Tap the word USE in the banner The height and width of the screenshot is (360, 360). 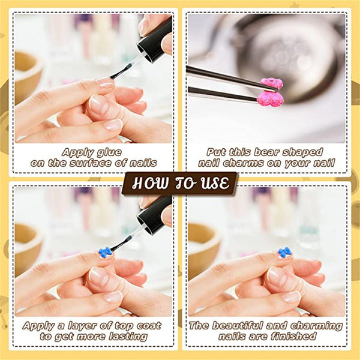coord(215,183)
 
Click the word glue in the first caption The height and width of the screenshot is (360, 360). coord(109,152)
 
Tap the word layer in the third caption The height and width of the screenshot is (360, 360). coord(85,326)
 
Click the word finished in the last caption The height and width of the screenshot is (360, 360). coord(293,337)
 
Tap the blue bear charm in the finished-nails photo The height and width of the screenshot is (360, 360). coord(285,252)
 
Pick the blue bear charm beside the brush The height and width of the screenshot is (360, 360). coord(106,251)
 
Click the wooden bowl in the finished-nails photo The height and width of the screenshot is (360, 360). coord(203,247)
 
